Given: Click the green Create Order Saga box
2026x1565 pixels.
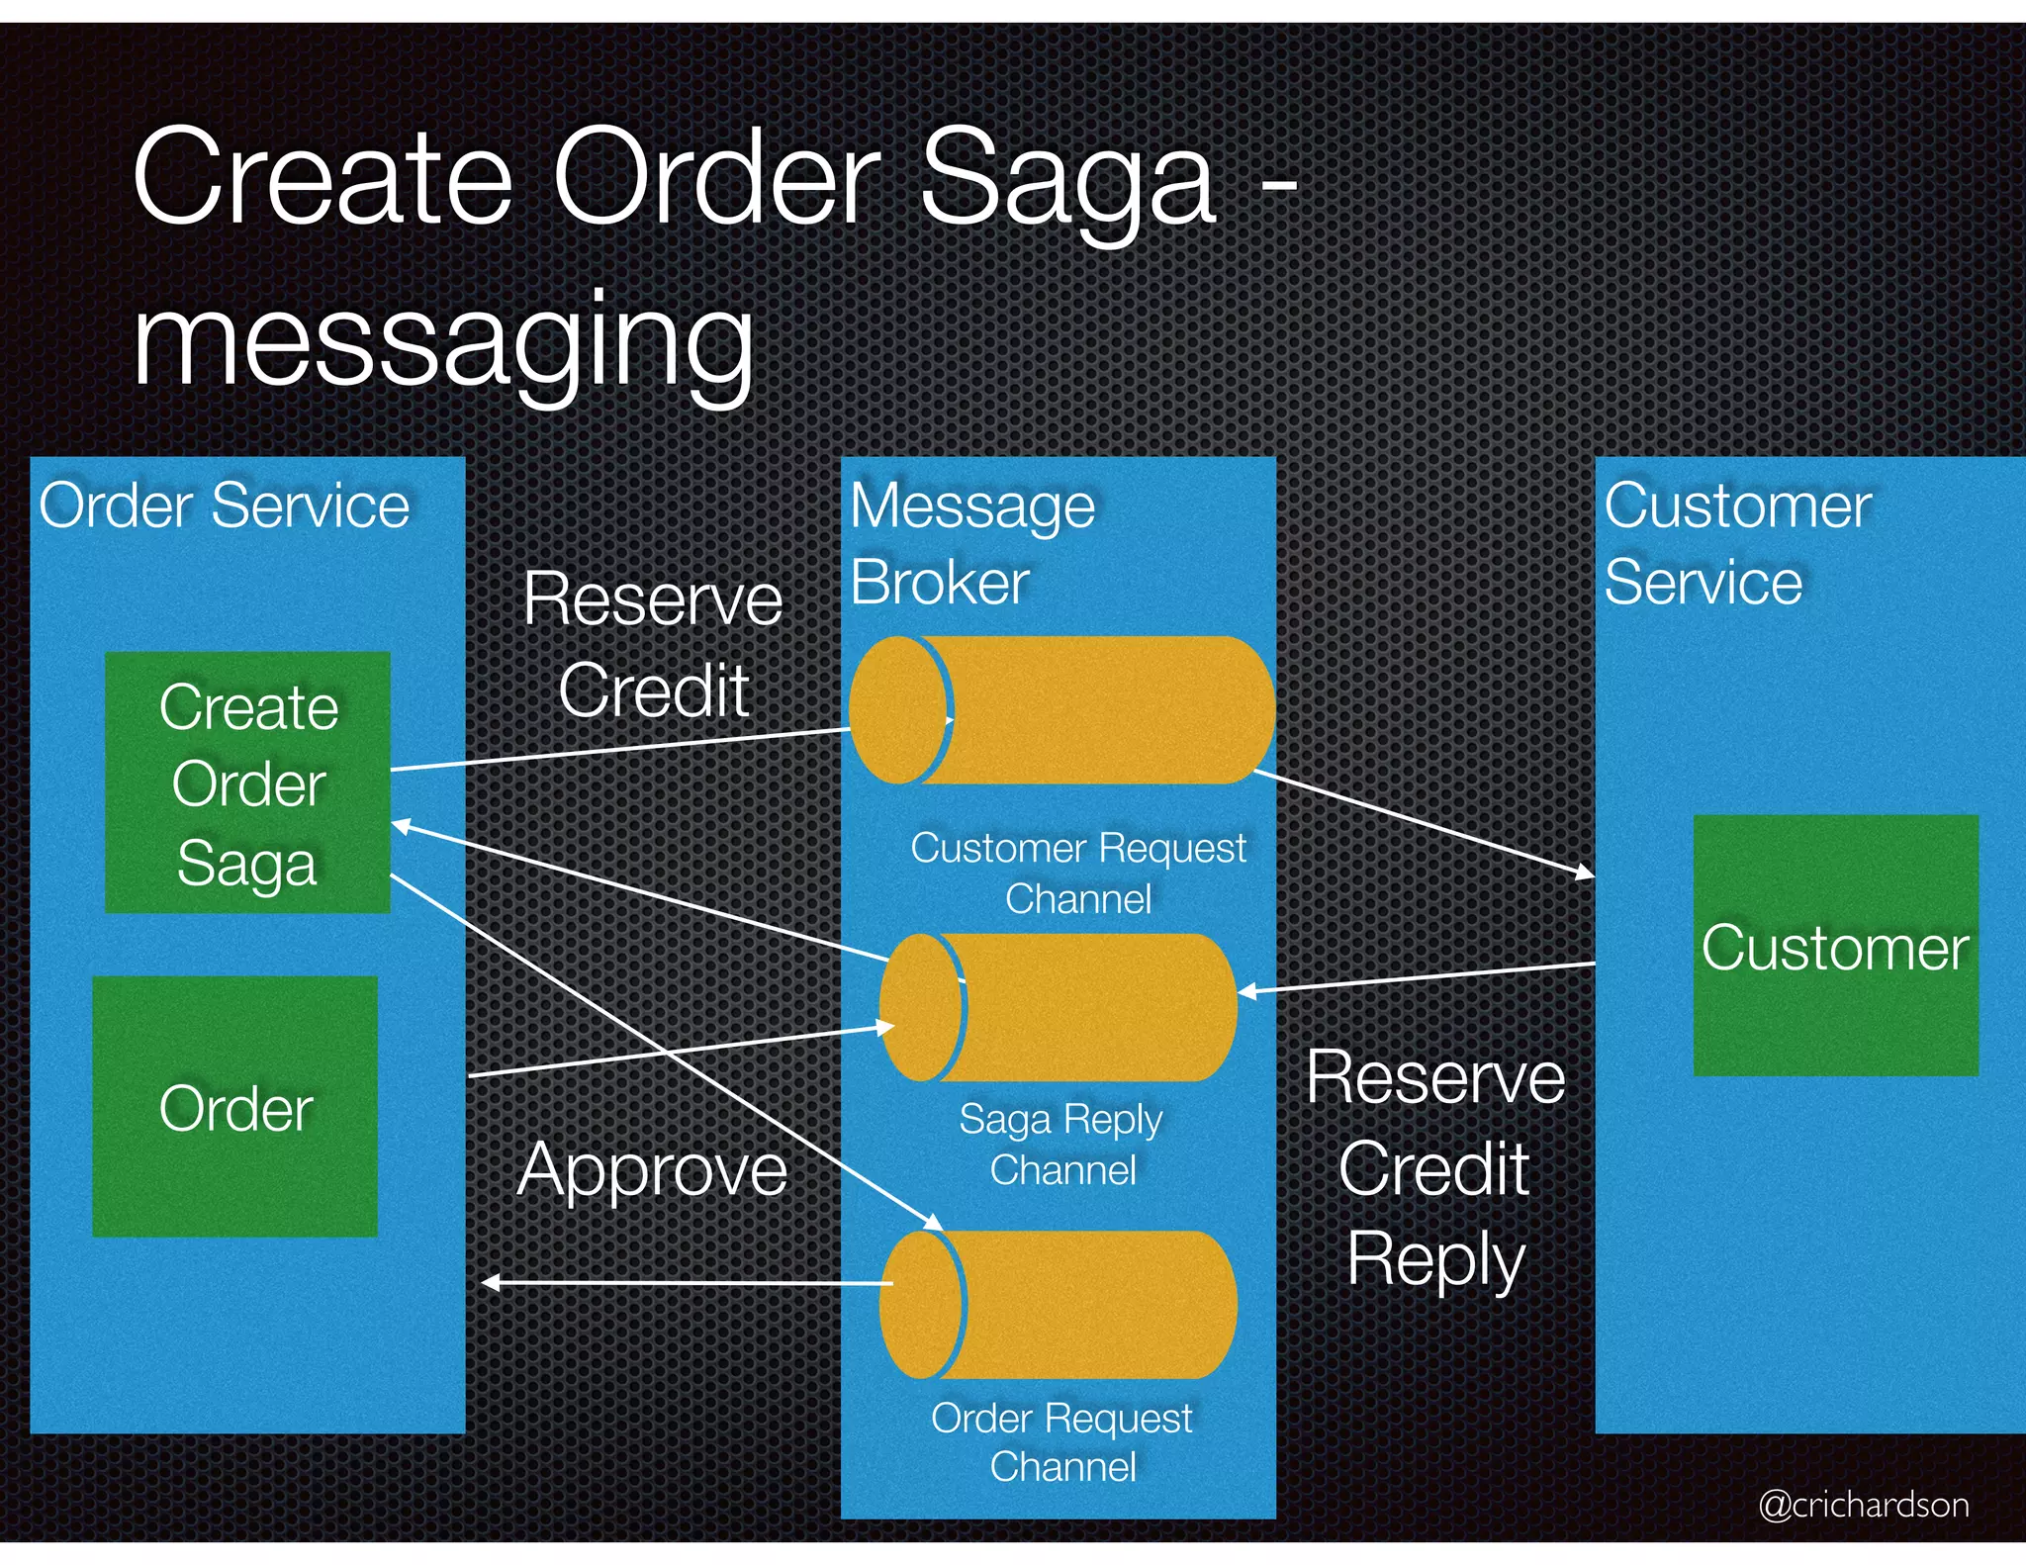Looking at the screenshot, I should coord(247,782).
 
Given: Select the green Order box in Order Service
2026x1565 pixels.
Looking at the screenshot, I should coord(235,1106).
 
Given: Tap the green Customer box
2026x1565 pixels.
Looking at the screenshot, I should coord(1835,946).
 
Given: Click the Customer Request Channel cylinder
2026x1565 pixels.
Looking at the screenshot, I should coord(1060,710).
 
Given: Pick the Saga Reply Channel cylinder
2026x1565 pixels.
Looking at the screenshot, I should coord(1059,1007).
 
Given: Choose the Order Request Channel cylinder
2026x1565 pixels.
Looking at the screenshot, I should coord(1059,1304).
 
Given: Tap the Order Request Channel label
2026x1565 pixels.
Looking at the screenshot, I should coord(1062,1441).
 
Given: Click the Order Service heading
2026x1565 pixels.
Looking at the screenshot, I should coord(225,506).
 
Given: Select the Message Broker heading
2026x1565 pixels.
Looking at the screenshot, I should coord(971,543).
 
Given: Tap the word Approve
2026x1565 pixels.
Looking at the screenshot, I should coord(652,1170).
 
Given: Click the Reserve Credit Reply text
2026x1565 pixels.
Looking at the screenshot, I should coord(1435,1168).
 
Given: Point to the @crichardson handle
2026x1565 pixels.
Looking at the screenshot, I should coord(1863,1504).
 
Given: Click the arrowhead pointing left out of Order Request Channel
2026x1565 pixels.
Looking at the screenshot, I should coord(491,1283).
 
